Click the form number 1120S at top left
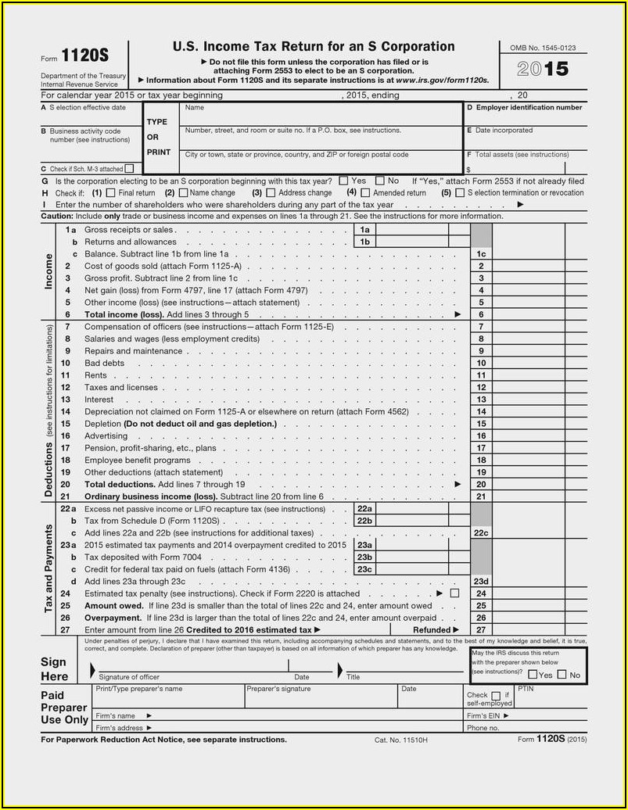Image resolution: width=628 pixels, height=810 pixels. [84, 57]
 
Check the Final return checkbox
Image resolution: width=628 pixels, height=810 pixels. [110, 192]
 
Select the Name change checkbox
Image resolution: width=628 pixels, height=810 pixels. [183, 192]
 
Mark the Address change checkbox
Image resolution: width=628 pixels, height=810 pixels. [271, 192]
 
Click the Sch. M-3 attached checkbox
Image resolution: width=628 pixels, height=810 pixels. [129, 168]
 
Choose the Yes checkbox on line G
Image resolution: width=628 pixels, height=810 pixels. [344, 181]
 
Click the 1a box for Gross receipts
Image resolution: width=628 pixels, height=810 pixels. [365, 230]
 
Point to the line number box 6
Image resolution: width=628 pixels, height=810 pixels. [481, 314]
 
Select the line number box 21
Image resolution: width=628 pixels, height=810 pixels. [481, 496]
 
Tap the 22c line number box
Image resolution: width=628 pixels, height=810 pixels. [481, 532]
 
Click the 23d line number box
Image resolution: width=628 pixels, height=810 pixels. [481, 582]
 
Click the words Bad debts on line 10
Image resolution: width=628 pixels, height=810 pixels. [104, 363]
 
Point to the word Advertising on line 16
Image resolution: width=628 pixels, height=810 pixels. [106, 435]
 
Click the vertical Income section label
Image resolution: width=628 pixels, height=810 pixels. [48, 271]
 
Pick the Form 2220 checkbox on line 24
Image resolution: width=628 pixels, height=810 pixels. [454, 593]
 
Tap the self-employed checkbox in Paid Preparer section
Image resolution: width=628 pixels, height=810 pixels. [495, 695]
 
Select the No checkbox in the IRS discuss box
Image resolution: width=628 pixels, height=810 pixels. [562, 675]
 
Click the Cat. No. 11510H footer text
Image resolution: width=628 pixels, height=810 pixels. [401, 740]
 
